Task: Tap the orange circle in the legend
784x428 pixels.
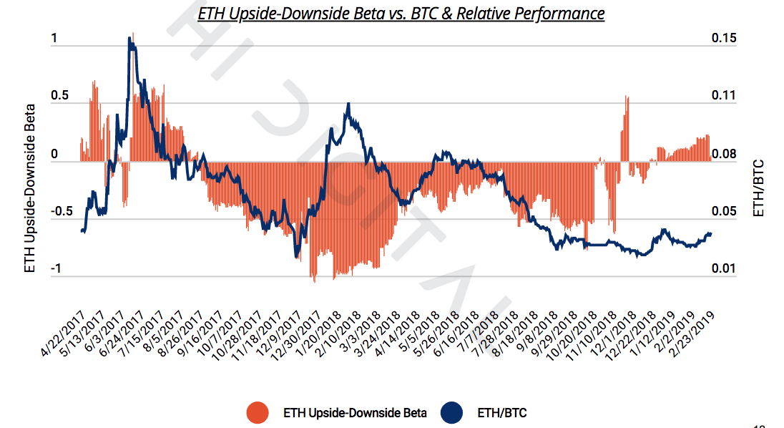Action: tap(257, 412)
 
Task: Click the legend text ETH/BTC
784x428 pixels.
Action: tap(501, 413)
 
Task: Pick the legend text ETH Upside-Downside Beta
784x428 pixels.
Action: tap(355, 413)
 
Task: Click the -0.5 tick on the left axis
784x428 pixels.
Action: tap(62, 212)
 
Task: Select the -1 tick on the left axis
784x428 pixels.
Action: tap(57, 269)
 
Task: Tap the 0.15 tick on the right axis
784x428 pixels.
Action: tap(724, 40)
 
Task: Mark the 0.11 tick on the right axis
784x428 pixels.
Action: tap(724, 97)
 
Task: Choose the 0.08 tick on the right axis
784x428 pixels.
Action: tap(724, 155)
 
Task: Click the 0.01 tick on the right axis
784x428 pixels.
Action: tap(724, 269)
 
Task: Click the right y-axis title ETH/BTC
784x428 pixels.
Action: tap(759, 188)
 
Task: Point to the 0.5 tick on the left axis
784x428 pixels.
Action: tap(59, 97)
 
